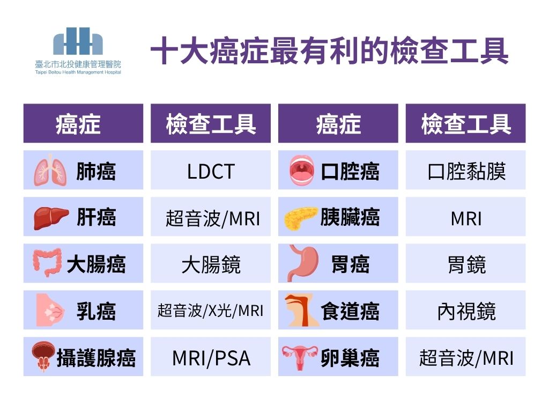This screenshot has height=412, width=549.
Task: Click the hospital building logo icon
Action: click(x=78, y=41)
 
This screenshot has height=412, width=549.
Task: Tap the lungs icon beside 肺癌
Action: click(x=50, y=170)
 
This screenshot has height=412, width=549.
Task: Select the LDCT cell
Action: click(x=211, y=170)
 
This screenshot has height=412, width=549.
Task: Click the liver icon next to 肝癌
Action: click(x=51, y=218)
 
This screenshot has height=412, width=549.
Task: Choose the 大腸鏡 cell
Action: click(x=211, y=263)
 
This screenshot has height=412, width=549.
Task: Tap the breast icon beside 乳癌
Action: click(x=50, y=310)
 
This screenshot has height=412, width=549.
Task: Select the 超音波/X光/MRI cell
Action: click(x=211, y=310)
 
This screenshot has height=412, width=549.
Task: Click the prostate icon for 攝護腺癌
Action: click(x=43, y=356)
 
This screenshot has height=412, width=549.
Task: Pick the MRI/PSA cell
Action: click(x=211, y=357)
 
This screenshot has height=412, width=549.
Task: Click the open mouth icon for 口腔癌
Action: click(x=302, y=170)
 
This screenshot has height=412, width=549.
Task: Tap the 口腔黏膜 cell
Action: click(x=466, y=170)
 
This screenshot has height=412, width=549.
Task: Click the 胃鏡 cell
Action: click(x=466, y=263)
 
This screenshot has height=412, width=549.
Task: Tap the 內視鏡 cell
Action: click(x=466, y=310)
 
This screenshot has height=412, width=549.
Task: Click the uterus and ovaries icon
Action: click(x=300, y=358)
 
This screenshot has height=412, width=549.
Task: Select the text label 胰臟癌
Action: click(x=350, y=217)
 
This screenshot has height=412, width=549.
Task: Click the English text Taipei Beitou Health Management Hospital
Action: click(x=78, y=72)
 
